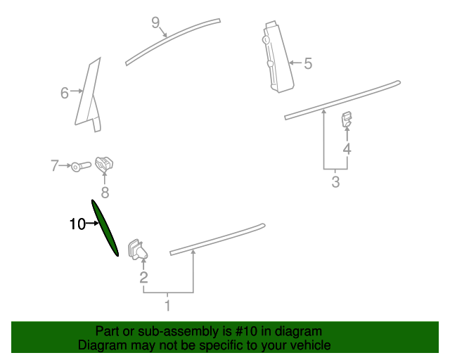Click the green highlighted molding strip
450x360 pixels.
[105, 229]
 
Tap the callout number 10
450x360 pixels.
[77, 224]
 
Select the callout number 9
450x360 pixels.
[156, 22]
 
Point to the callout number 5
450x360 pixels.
[307, 64]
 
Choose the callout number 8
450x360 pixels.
[105, 191]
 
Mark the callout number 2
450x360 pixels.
[143, 278]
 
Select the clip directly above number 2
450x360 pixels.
[136, 249]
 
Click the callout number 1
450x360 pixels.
[167, 305]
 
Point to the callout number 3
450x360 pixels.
[335, 183]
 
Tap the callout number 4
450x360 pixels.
[347, 148]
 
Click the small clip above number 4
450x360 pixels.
[347, 120]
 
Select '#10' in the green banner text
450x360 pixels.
[226, 331]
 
